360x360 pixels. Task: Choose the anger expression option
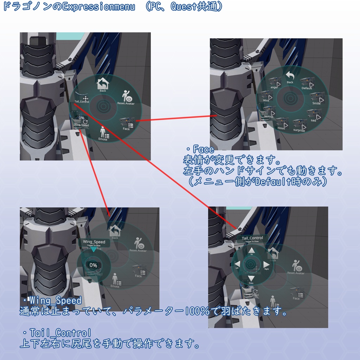click(x=275, y=83)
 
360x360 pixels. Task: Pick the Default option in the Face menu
click(x=307, y=84)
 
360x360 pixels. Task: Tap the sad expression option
click(x=314, y=115)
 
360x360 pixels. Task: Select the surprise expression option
click(x=299, y=125)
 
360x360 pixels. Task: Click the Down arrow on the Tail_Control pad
click(x=251, y=279)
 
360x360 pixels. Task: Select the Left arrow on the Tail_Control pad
click(x=237, y=264)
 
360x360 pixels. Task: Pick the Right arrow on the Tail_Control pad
click(x=266, y=264)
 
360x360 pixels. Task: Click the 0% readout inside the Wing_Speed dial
click(x=93, y=265)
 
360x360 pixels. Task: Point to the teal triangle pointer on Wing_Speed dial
click(x=93, y=249)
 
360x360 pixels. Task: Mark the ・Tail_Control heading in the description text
click(x=57, y=333)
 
